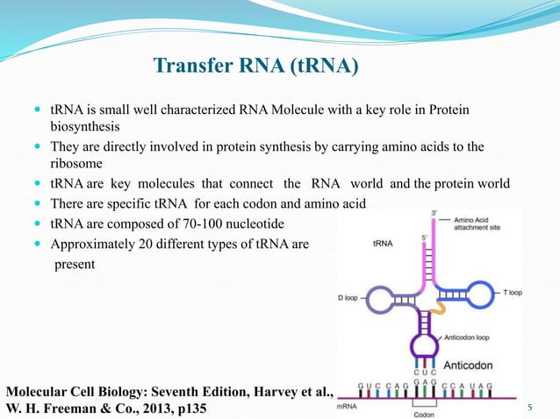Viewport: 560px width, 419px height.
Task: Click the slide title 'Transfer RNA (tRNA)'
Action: [255, 67]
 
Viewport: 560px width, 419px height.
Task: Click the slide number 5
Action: [529, 408]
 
